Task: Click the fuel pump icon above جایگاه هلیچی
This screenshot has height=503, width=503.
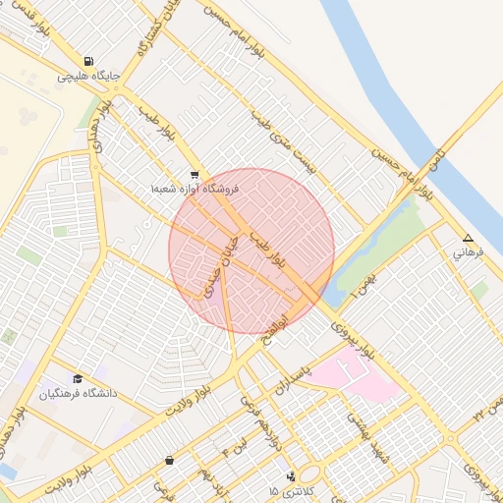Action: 90,61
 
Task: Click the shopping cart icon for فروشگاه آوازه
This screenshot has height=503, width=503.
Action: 195,173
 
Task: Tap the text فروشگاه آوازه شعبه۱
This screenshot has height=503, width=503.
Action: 195,187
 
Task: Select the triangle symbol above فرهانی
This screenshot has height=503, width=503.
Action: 468,239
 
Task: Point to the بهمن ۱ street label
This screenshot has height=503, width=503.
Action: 368,281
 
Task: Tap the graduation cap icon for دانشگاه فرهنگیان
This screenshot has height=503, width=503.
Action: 78,379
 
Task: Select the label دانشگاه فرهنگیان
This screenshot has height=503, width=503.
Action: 78,393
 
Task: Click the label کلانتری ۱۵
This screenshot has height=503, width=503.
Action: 287,489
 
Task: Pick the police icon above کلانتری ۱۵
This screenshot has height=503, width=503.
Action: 291,476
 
